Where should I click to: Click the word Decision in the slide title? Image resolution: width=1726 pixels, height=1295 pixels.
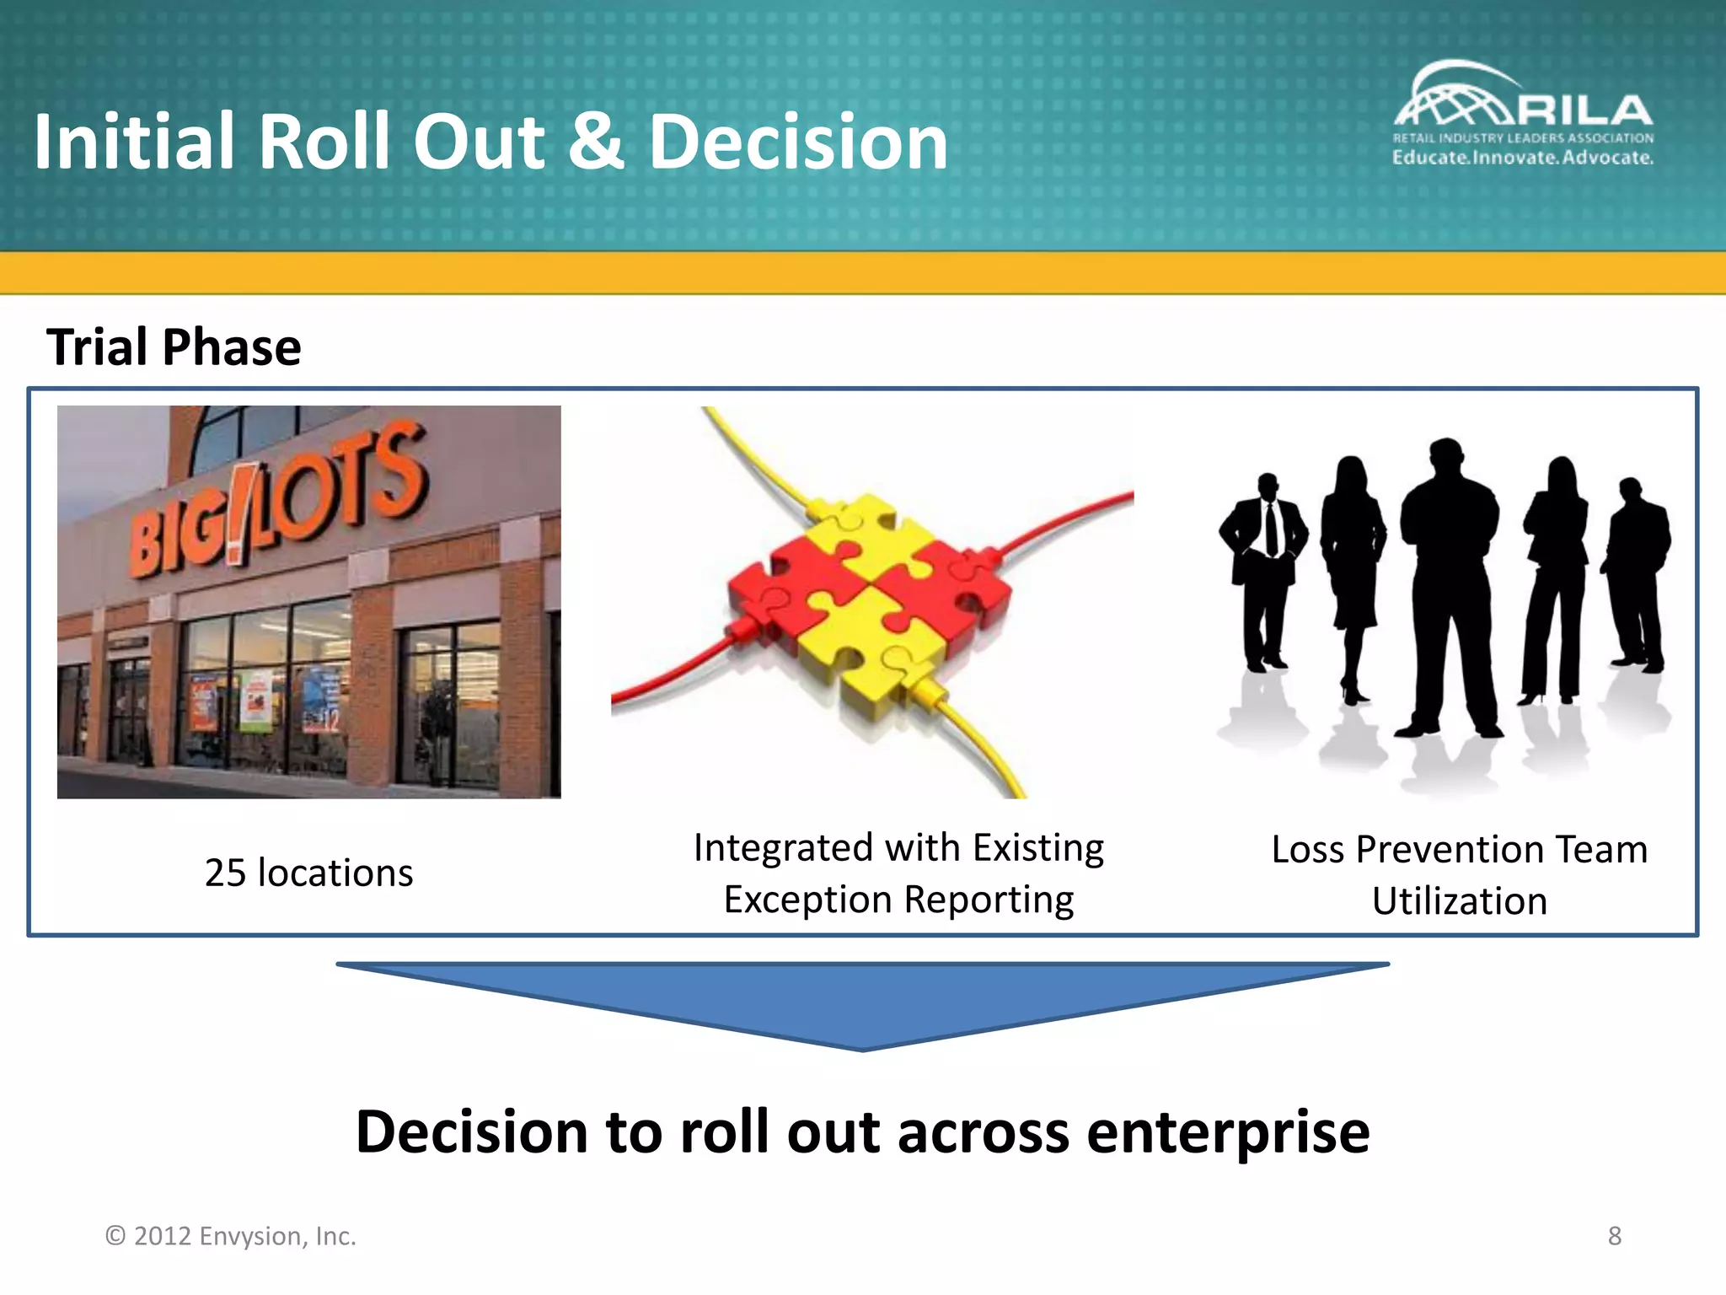[x=797, y=143]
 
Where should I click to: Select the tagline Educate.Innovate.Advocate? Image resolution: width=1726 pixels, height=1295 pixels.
[x=1522, y=158]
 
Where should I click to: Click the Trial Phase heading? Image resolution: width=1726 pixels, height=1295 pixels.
[x=174, y=347]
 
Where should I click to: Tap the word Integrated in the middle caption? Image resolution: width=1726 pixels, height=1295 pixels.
[x=782, y=848]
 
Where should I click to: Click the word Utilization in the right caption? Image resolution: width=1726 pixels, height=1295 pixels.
[x=1459, y=902]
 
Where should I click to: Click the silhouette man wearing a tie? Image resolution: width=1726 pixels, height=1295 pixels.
[x=1264, y=565]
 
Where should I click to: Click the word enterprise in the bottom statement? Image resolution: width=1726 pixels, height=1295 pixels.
[x=1227, y=1132]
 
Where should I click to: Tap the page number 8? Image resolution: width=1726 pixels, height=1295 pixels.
[x=1614, y=1236]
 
